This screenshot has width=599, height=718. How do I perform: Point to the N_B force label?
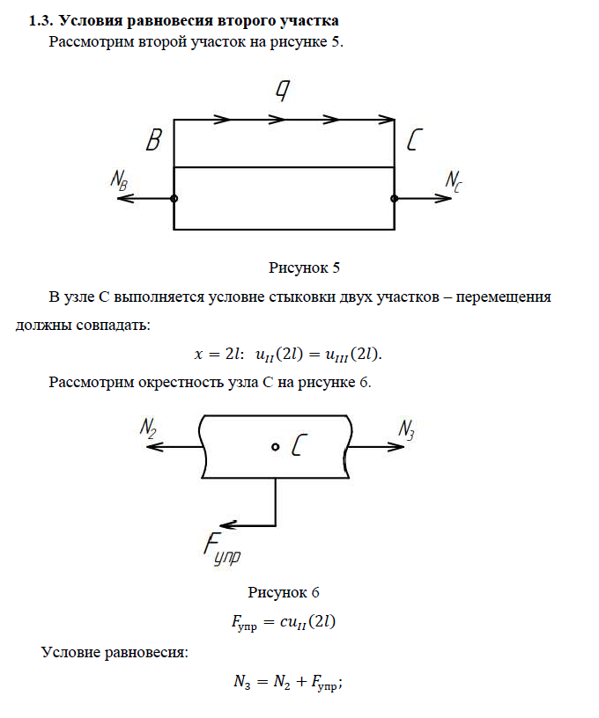tap(121, 179)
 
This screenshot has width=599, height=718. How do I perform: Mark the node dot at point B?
tap(174, 199)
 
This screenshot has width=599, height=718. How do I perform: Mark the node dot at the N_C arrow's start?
tap(395, 199)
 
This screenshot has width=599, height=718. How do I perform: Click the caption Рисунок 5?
tap(304, 267)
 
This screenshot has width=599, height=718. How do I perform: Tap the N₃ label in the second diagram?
tap(406, 429)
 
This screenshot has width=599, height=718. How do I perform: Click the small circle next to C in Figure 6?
tap(276, 448)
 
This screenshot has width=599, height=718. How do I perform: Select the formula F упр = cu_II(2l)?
tap(284, 621)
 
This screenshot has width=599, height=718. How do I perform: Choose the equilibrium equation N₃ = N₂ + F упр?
tap(287, 680)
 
